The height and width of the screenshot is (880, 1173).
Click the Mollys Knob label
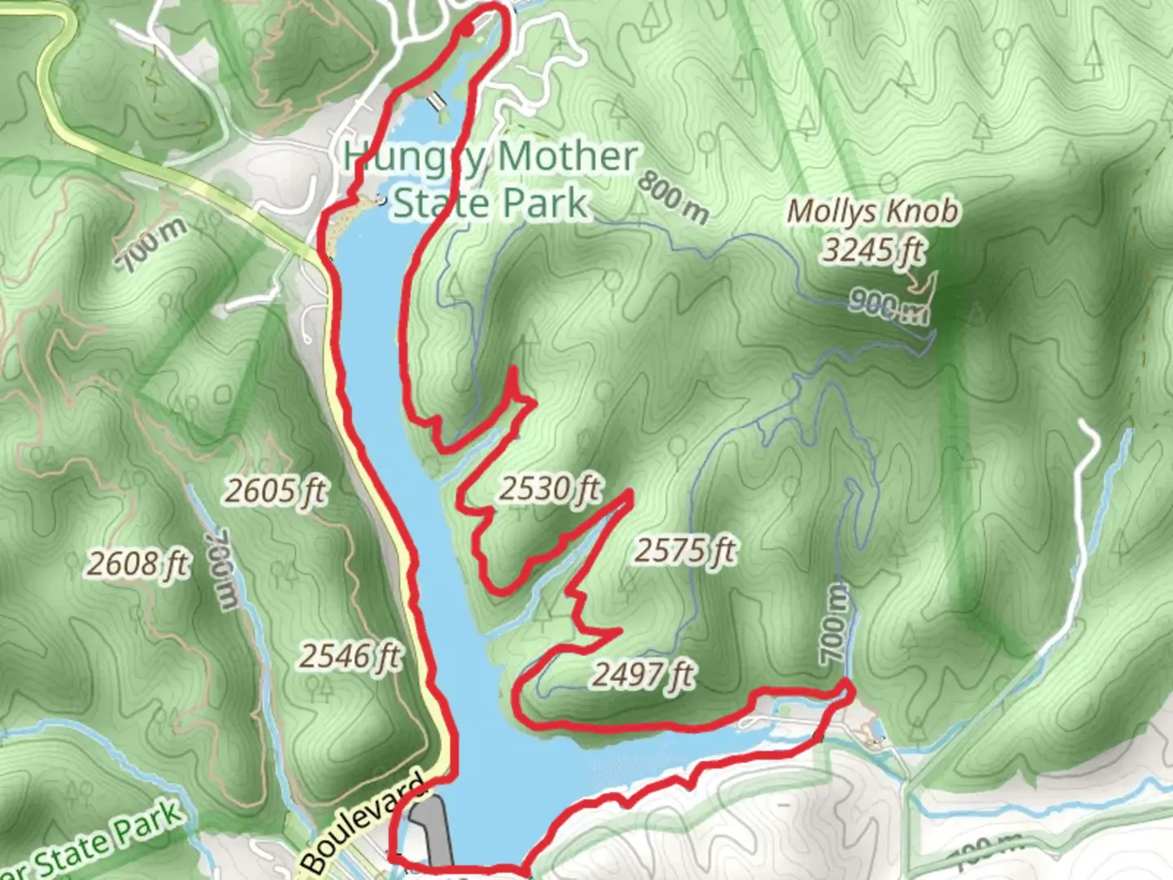872,212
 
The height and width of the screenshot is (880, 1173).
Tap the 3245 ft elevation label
872,249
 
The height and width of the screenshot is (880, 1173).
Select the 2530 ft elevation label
550,489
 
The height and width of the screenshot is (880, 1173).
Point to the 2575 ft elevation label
685,552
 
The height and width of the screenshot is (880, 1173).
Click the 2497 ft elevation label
643,675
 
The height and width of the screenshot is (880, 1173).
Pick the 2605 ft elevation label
275,491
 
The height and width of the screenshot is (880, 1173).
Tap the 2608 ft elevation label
138,564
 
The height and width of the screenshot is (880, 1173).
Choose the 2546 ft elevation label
350,656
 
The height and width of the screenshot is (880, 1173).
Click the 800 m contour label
673,197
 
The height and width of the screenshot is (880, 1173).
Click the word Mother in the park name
568,156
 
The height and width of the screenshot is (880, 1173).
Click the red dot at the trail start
466,30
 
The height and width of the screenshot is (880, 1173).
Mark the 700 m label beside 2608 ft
222,570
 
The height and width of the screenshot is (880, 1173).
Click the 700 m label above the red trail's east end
834,623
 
